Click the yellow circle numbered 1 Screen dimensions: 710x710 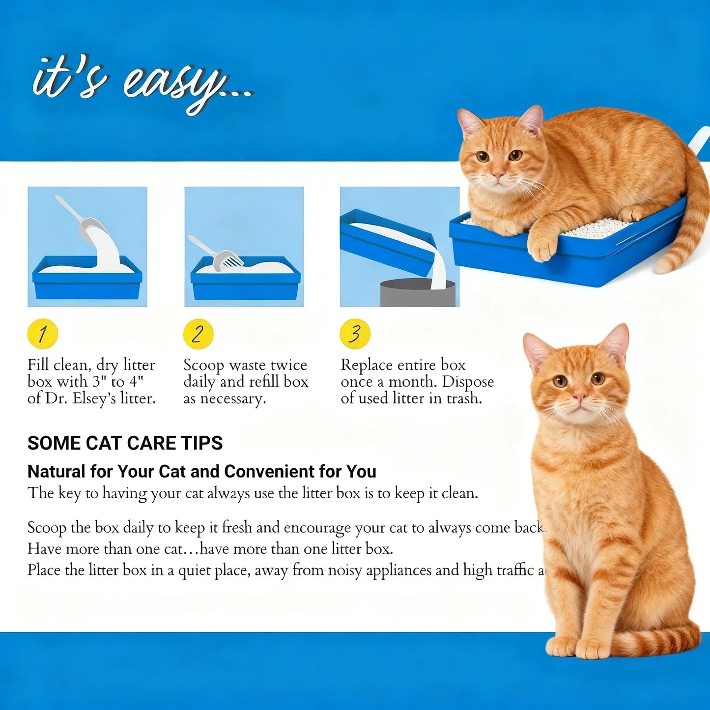43,334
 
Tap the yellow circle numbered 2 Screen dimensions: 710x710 198,334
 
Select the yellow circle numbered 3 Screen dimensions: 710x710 355,334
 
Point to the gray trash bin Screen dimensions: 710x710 417,293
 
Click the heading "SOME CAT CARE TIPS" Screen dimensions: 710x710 125,443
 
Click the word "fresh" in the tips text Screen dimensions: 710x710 237,527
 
